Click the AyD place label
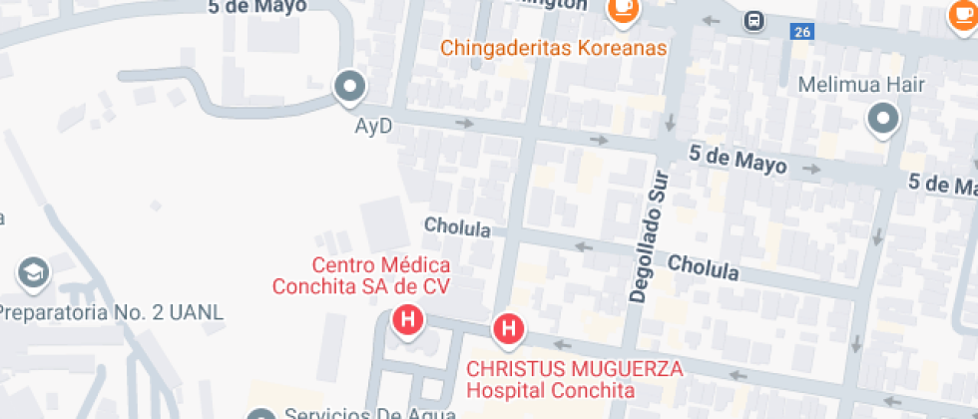374,127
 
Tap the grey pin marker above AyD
350,88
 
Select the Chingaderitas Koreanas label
554,48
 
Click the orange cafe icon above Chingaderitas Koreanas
624,9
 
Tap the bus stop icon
754,20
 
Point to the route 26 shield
801,32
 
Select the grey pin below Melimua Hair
883,121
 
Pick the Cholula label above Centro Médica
457,227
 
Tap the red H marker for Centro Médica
407,321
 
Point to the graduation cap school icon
33,271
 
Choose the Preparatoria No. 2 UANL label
110,312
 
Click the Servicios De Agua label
369,413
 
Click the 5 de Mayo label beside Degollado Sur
737,159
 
